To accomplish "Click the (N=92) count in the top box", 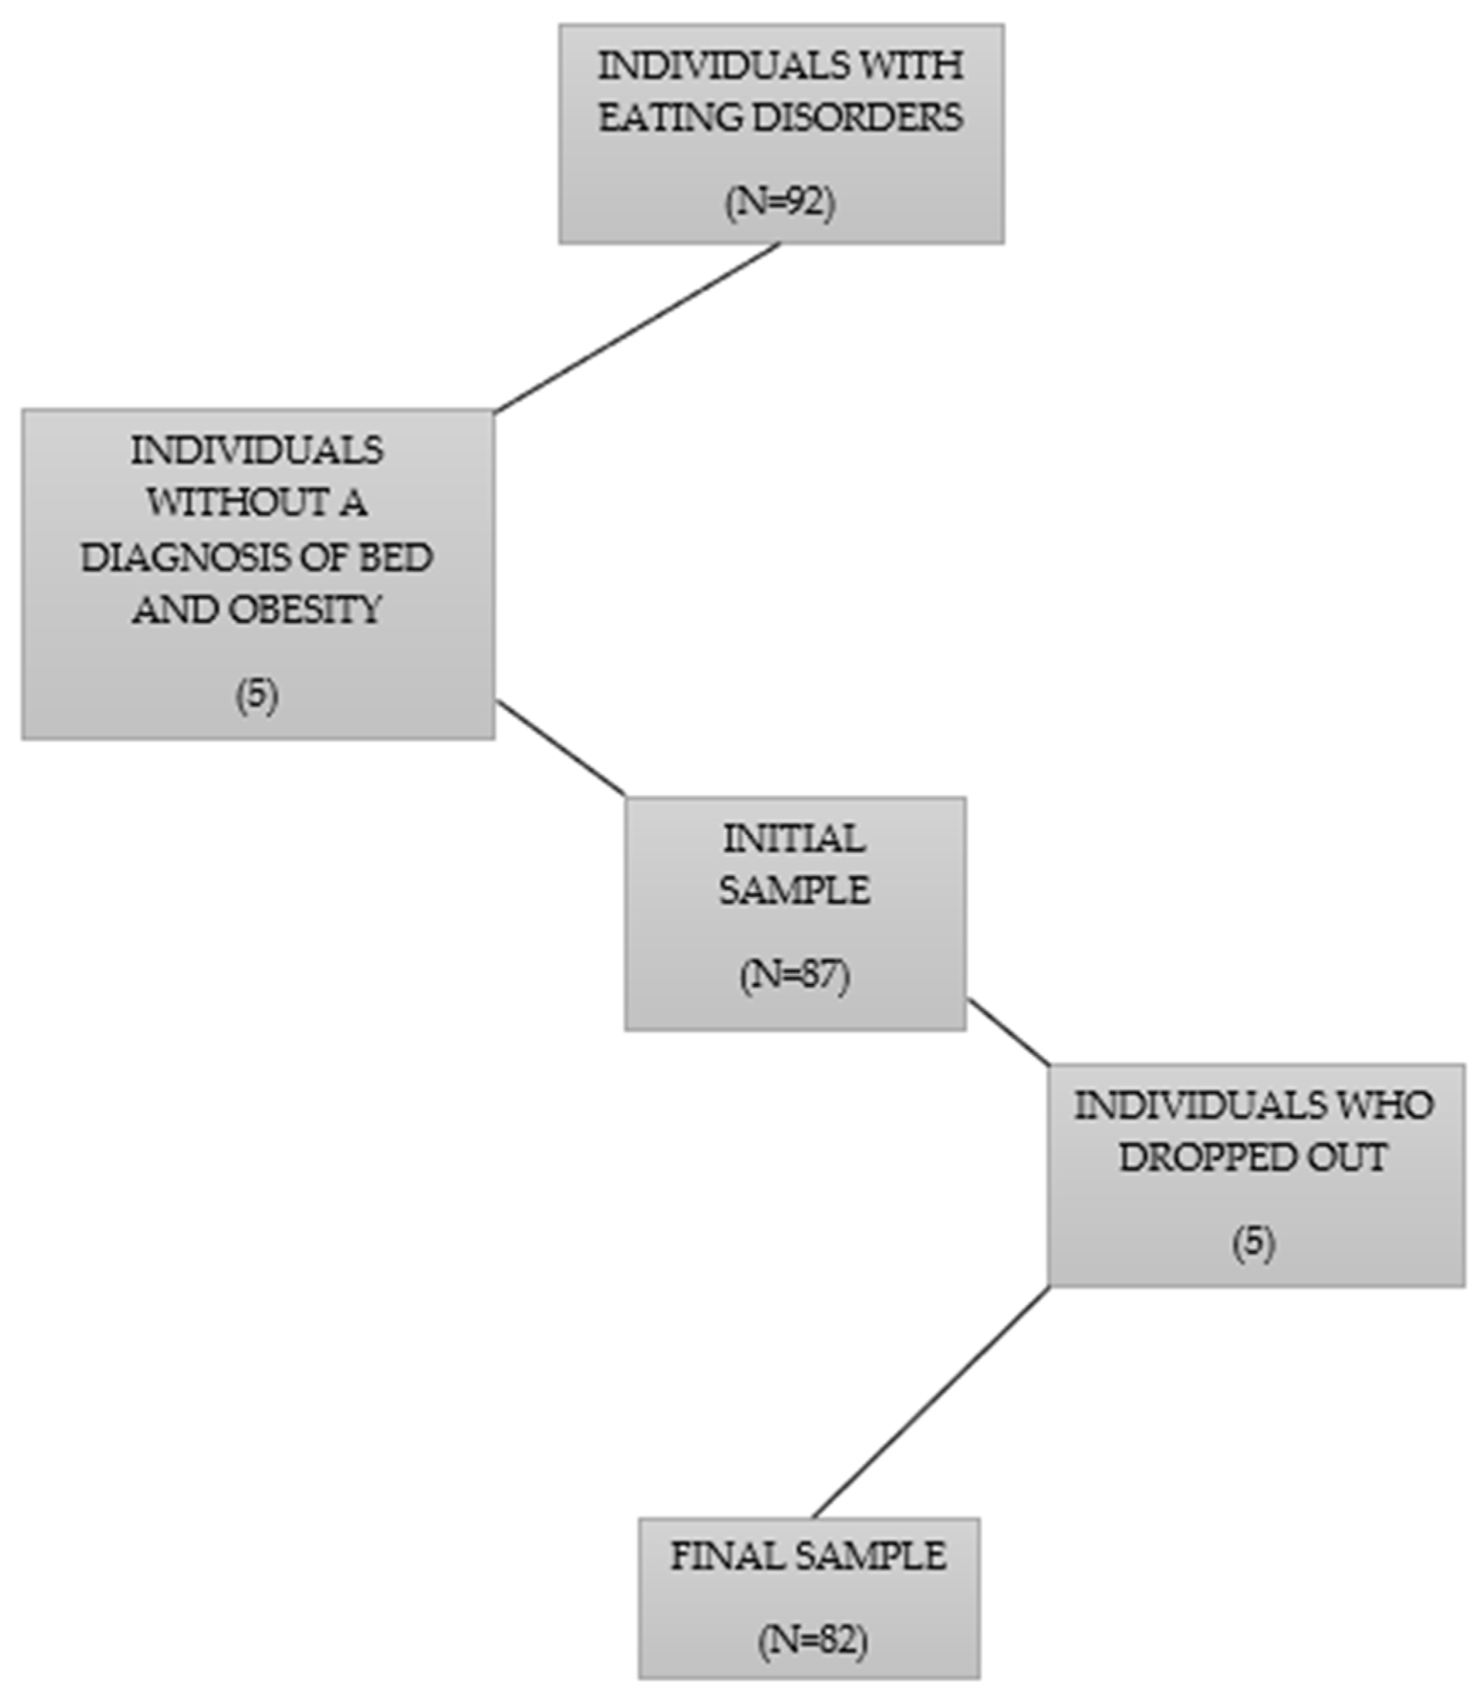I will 781,202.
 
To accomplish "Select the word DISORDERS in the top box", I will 857,116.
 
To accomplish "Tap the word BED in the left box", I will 395,557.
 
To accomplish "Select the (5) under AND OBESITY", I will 256,694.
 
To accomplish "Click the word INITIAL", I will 795,840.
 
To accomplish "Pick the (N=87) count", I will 795,975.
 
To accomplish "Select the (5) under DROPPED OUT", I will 1254,1242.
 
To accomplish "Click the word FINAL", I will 717,1556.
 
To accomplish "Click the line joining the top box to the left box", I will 637,327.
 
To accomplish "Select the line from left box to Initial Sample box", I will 560,748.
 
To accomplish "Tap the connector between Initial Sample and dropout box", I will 1008,1031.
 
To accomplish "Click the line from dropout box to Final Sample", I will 931,1402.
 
